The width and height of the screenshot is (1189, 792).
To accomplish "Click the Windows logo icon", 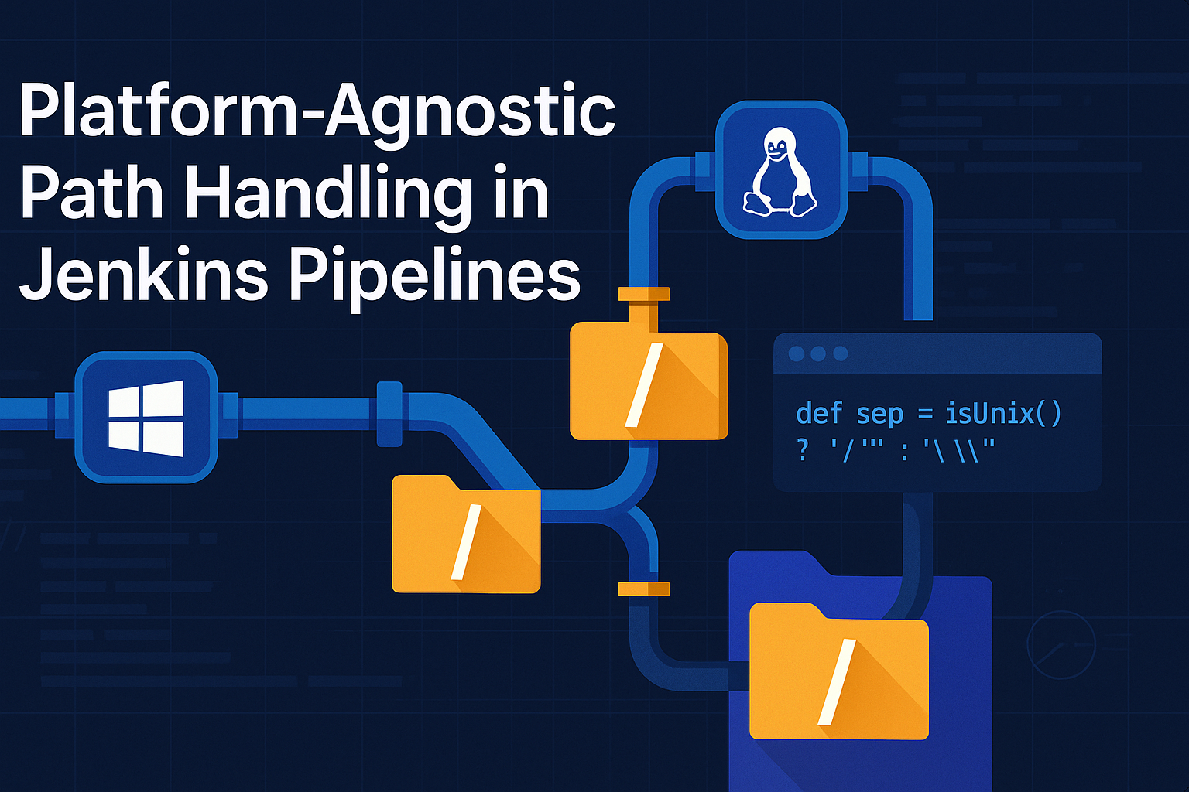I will [x=146, y=418].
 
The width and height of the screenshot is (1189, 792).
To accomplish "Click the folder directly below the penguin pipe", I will [x=648, y=385].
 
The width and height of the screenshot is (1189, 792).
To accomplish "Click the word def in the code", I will [x=818, y=414].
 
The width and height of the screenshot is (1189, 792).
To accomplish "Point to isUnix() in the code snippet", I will [x=1004, y=414].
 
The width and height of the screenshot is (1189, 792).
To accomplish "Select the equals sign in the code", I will [x=924, y=415].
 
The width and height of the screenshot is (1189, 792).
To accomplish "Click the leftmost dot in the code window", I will [x=796, y=353].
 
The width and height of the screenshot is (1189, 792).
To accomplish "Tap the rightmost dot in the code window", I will [x=841, y=353].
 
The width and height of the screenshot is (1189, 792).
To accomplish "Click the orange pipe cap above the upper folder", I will [x=644, y=294].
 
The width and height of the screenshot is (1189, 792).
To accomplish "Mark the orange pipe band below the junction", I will [x=644, y=589].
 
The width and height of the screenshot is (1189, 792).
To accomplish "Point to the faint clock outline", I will [x=1061, y=644].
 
